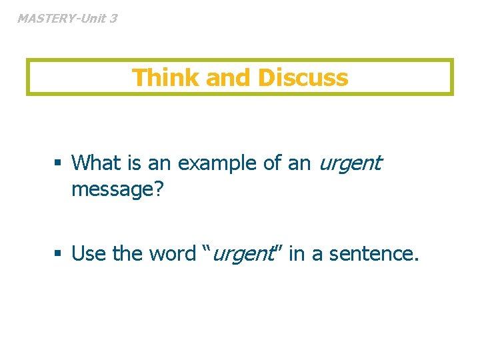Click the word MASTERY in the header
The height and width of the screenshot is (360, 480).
pos(45,18)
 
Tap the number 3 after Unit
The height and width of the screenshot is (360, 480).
pos(113,18)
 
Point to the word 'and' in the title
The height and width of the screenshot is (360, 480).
pos(229,77)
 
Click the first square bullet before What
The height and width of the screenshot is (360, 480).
pos(59,163)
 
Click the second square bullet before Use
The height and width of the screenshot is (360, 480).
pos(59,254)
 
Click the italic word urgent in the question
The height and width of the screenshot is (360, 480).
pos(350,163)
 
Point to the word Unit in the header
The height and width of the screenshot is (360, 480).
pos(93,18)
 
